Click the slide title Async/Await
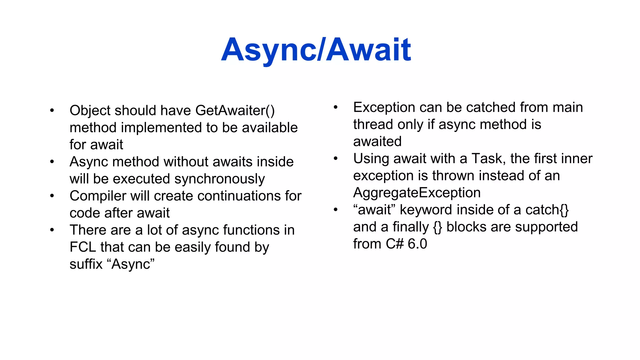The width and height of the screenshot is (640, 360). point(316,50)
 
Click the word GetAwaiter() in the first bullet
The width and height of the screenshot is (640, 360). point(235,111)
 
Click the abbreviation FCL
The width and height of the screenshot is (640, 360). point(82,247)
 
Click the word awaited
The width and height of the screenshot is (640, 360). point(377,142)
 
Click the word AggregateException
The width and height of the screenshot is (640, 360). point(417,193)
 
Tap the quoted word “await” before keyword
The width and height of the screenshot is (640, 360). point(374,210)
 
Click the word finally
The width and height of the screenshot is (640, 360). point(410,227)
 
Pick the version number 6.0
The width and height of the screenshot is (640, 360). point(417,244)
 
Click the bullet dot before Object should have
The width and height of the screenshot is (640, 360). point(52,111)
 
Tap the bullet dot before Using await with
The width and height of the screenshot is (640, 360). point(336,159)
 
